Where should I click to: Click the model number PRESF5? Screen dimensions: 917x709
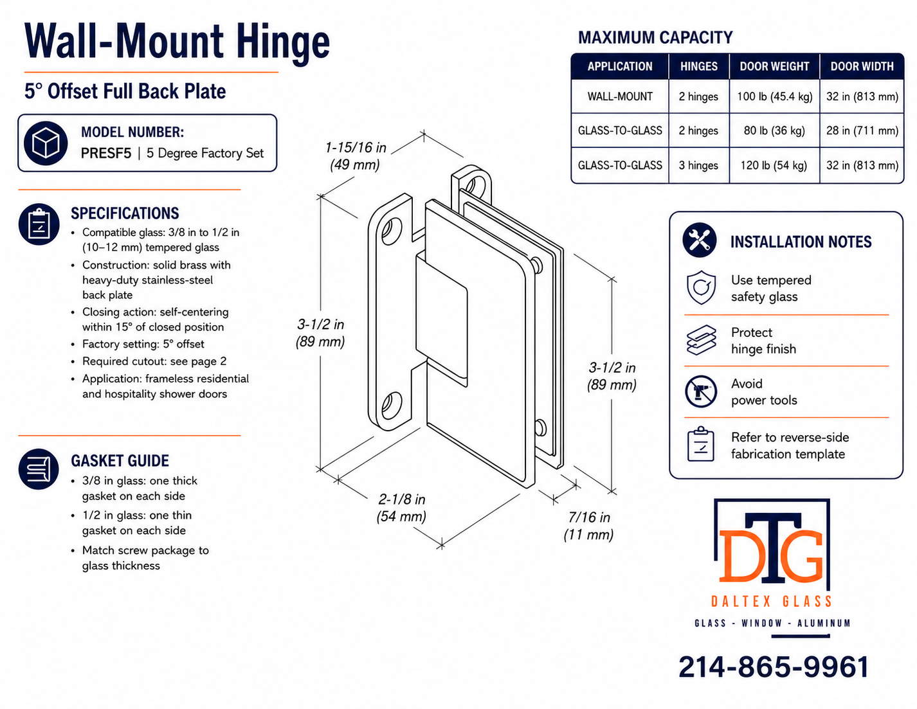(106, 153)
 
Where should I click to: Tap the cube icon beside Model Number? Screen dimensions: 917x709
(46, 143)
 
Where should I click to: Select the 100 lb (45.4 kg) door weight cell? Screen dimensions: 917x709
(774, 96)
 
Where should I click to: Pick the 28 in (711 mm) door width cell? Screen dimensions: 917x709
(862, 130)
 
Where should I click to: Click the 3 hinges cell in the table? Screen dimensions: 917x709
(698, 165)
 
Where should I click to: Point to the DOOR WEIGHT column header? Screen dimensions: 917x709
(774, 67)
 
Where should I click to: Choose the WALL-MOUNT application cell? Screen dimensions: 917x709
(620, 96)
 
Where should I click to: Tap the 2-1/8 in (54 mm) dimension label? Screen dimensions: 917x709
(401, 508)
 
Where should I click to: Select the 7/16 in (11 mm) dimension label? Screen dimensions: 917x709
(588, 526)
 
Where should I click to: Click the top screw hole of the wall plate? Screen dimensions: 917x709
(392, 231)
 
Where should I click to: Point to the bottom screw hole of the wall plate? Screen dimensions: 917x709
(392, 406)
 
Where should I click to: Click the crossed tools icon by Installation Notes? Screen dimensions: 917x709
(699, 240)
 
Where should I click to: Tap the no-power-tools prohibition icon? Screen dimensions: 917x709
(700, 391)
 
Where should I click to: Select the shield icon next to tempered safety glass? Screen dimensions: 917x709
(701, 287)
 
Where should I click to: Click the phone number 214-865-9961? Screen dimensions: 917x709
(774, 667)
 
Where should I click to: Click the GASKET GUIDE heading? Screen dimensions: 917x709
(120, 461)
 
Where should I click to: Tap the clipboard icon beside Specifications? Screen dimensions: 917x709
(39, 224)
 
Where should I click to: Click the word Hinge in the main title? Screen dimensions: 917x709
(283, 43)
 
